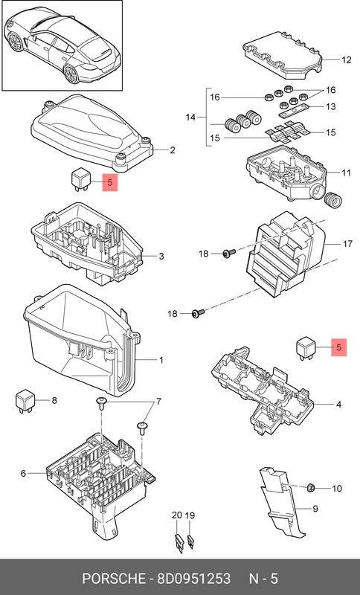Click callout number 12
pos(346,60)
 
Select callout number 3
pos(161,257)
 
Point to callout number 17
pos(346,243)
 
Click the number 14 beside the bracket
pos(190,118)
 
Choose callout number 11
pos(346,173)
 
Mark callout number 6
pos(23,473)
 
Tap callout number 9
pos(315,509)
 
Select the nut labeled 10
pos(312,487)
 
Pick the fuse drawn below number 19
pos(190,541)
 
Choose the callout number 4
pos(338,405)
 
